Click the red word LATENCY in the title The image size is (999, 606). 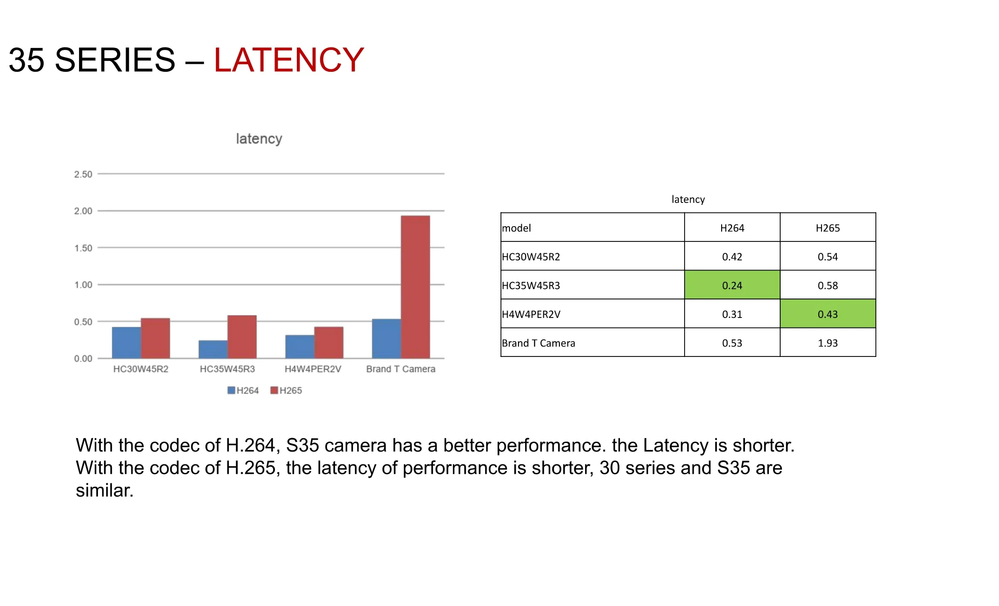pos(289,60)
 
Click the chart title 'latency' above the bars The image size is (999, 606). pos(259,139)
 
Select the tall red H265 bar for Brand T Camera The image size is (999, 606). pos(415,287)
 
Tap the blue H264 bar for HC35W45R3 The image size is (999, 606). pos(213,349)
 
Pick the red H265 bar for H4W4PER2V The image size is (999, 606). pos(329,343)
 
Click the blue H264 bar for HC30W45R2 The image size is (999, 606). pos(127,343)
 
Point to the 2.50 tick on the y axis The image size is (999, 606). pos(83,174)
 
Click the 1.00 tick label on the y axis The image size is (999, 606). pos(83,285)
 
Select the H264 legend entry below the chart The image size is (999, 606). pos(243,391)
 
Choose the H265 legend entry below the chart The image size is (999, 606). pos(286,391)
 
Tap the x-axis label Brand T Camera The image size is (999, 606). pos(401,369)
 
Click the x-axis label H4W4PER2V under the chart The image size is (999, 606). pos(313,369)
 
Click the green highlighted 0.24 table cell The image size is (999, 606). pos(732,285)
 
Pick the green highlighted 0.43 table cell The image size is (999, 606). pos(828,314)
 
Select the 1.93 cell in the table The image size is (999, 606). pos(828,343)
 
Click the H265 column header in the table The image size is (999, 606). pos(828,228)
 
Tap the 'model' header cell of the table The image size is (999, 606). pos(593,228)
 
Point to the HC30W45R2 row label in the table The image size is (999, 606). pos(531,257)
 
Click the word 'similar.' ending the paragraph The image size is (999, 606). pos(105,491)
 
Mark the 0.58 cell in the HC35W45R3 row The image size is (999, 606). pos(828,285)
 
